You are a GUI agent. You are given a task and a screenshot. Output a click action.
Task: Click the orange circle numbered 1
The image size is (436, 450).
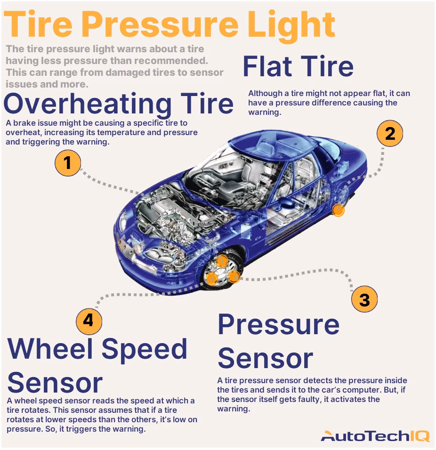[68, 163]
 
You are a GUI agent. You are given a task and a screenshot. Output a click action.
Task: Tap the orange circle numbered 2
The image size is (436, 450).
[390, 134]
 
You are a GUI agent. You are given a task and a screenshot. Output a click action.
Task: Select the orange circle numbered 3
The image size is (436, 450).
[364, 299]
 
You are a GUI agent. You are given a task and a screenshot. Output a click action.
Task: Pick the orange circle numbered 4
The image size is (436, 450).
[89, 321]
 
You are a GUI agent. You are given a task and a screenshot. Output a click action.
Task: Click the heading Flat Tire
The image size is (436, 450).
[298, 66]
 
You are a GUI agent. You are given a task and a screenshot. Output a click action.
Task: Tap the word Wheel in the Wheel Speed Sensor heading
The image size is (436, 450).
[50, 349]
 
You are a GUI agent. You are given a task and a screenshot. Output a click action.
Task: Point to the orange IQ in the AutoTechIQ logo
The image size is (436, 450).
[418, 436]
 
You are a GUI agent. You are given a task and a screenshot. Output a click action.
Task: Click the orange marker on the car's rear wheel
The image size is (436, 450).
[338, 210]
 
